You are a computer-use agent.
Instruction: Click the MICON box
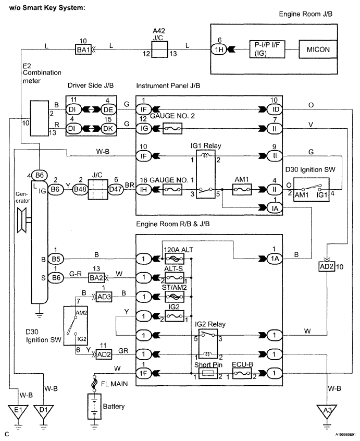pyautogui.click(x=318, y=49)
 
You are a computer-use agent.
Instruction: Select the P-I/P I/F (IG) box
pyautogui.click(x=267, y=49)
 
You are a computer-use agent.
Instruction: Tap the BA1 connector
pyautogui.click(x=83, y=50)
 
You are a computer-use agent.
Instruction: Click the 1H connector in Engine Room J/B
pyautogui.click(x=219, y=50)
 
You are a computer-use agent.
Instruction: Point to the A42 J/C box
pyautogui.click(x=159, y=50)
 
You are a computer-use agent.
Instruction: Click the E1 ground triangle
pyautogui.click(x=18, y=411)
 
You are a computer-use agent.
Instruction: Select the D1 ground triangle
pyautogui.click(x=43, y=411)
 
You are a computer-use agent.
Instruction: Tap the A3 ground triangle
pyautogui.click(x=327, y=411)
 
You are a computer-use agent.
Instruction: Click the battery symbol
pyautogui.click(x=94, y=406)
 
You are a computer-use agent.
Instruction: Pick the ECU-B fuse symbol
pyautogui.click(x=242, y=374)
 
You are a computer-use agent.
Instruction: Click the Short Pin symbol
pyautogui.click(x=208, y=374)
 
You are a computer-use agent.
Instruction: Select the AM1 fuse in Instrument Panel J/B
pyautogui.click(x=242, y=190)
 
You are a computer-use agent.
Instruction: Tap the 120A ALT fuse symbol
pyautogui.click(x=174, y=259)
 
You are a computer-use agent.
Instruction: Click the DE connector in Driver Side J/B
pyautogui.click(x=108, y=109)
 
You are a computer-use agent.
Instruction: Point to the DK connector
pyautogui.click(x=108, y=128)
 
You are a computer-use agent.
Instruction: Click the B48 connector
pyautogui.click(x=80, y=189)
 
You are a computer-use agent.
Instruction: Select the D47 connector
pyautogui.click(x=116, y=189)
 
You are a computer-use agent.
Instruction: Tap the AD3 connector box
pyautogui.click(x=104, y=297)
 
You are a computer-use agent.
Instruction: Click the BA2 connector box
pyautogui.click(x=96, y=278)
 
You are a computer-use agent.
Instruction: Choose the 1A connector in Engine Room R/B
pyautogui.click(x=275, y=259)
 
